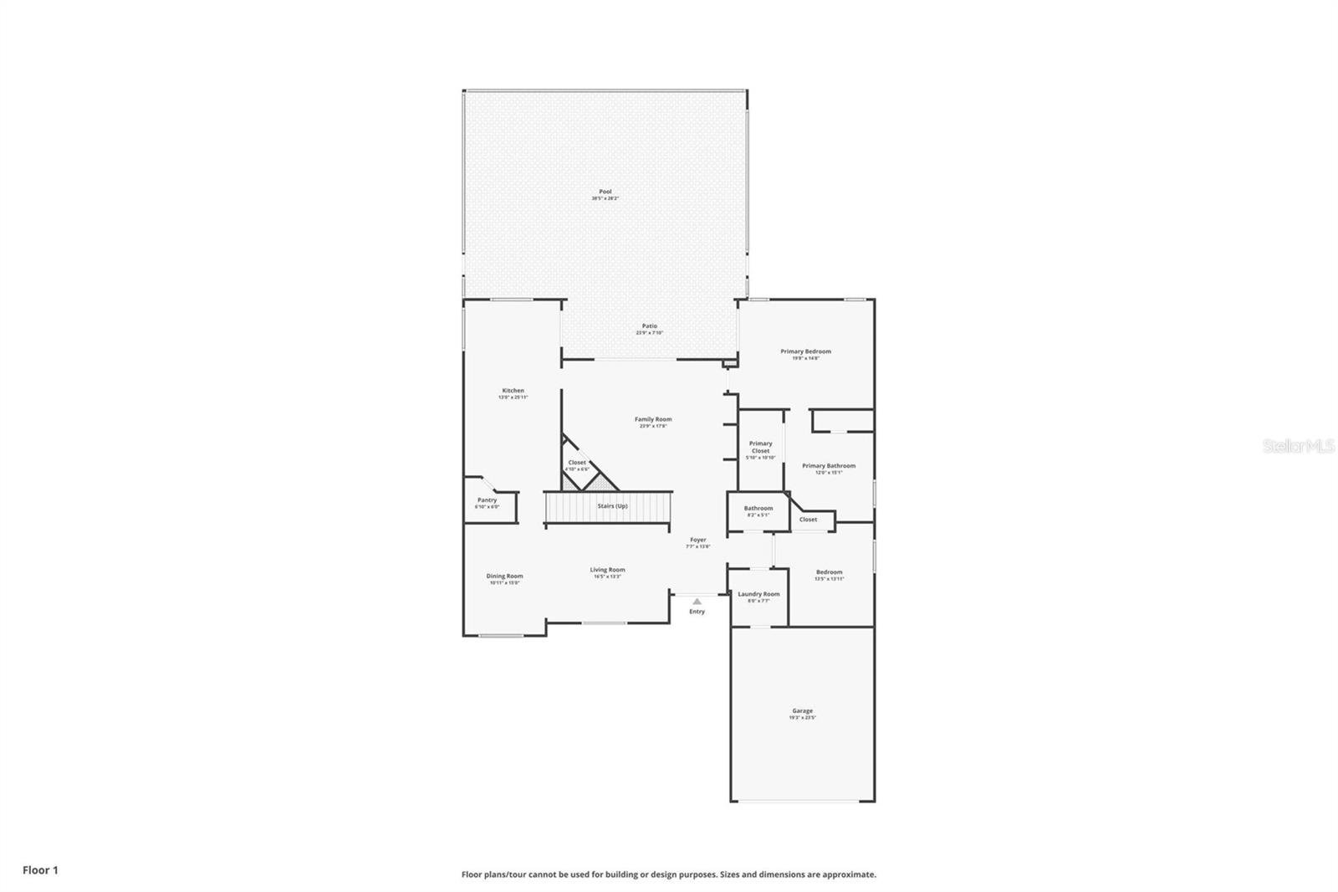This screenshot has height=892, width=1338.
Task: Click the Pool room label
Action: pos(605,192)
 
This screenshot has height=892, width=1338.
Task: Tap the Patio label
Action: pos(649,326)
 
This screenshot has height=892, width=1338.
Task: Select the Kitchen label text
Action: pos(513,391)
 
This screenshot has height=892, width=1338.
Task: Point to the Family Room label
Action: pos(652,419)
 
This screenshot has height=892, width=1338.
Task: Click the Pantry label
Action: pos(487,500)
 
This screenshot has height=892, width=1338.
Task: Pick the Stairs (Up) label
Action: pos(612,506)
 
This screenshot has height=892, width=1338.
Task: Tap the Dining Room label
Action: pos(504,576)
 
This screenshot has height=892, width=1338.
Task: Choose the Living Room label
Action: pos(607,570)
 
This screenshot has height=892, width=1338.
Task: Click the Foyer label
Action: pos(697,541)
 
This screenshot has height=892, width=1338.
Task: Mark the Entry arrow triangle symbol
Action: pos(697,601)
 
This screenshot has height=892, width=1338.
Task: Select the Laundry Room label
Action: pos(758,594)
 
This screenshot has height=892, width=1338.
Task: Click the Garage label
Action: pos(802,711)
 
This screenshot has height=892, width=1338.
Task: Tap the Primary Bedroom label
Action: pos(805,351)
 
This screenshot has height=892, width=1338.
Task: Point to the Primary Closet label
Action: pos(760,448)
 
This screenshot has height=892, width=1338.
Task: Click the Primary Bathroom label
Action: pos(828,466)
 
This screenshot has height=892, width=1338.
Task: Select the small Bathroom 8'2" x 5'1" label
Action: pos(758,509)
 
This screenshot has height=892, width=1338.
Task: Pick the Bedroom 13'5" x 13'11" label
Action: pos(829,572)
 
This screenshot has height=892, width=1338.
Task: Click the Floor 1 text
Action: pos(40,870)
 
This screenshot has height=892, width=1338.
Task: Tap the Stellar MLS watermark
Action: pos(1298,447)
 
